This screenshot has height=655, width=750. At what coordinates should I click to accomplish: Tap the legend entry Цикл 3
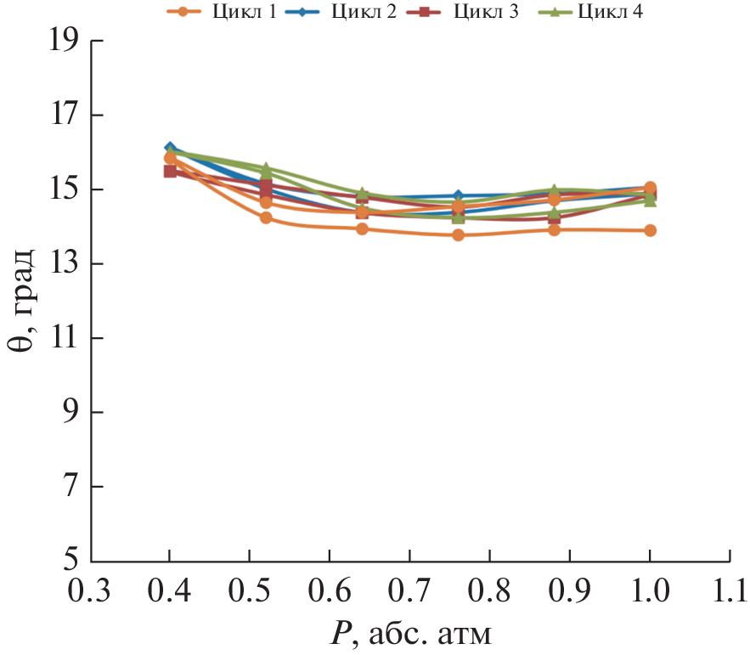click(x=473, y=12)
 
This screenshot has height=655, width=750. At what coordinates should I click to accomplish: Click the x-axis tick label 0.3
click(x=91, y=590)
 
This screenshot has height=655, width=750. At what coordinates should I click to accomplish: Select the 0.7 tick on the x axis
click(x=410, y=590)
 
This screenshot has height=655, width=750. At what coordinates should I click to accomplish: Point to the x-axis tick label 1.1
click(x=729, y=590)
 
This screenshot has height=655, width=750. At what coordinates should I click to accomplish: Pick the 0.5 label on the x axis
click(x=250, y=590)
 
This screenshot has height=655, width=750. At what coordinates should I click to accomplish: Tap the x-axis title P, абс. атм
click(x=410, y=633)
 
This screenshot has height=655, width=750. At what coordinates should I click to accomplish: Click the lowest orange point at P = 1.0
click(x=650, y=230)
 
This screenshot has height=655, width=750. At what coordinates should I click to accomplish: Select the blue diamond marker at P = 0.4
click(x=170, y=148)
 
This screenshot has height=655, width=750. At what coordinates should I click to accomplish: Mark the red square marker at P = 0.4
click(x=170, y=171)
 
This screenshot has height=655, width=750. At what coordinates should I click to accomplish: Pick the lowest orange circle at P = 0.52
click(x=266, y=217)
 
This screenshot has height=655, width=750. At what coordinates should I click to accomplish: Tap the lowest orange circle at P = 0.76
click(x=458, y=234)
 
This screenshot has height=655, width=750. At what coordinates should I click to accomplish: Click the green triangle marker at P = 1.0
click(x=650, y=200)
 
